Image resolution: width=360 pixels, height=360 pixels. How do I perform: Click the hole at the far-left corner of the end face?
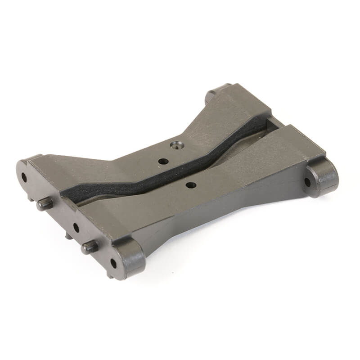(x=24, y=177)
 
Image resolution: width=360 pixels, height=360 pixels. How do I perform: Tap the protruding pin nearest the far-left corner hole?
(x=44, y=204)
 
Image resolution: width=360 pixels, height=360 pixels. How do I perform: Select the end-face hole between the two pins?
(x=76, y=227)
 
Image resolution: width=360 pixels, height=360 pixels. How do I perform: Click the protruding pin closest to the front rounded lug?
(x=89, y=246)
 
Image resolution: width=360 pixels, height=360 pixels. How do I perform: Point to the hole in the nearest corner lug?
(x=113, y=263)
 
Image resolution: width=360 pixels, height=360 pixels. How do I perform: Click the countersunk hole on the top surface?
(x=176, y=145)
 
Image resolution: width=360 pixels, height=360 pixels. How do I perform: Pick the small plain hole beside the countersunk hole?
(x=163, y=161)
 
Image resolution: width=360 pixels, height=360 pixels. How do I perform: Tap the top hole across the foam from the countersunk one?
(x=191, y=184)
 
